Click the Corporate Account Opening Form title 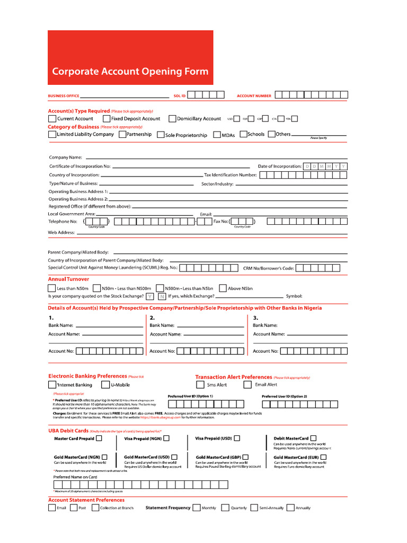(x=130, y=72)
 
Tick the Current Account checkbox (x=52, y=119)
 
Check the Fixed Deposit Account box (x=107, y=119)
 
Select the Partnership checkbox (x=122, y=135)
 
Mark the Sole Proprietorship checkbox (x=161, y=135)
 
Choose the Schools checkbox (x=243, y=134)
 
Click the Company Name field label (x=66, y=157)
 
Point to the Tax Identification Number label (x=231, y=175)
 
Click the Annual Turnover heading (x=68, y=279)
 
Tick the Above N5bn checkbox (x=223, y=288)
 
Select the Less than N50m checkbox (x=52, y=288)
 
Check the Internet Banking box (x=52, y=384)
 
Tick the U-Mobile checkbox (x=106, y=384)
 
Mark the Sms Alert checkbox (x=200, y=384)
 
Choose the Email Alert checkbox (x=247, y=384)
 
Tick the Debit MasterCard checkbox (x=313, y=439)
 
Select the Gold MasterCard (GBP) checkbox (x=245, y=457)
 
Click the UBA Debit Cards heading (x=68, y=431)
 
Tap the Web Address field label (x=62, y=232)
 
